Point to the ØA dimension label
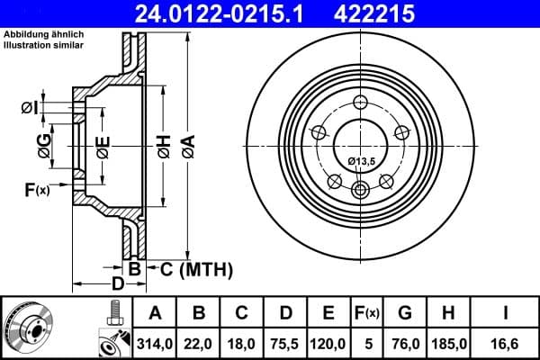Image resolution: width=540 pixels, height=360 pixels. pyautogui.click(x=188, y=146)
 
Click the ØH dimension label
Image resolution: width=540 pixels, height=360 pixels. pyautogui.click(x=163, y=146)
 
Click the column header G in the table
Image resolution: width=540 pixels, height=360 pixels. pyautogui.click(x=405, y=313)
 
